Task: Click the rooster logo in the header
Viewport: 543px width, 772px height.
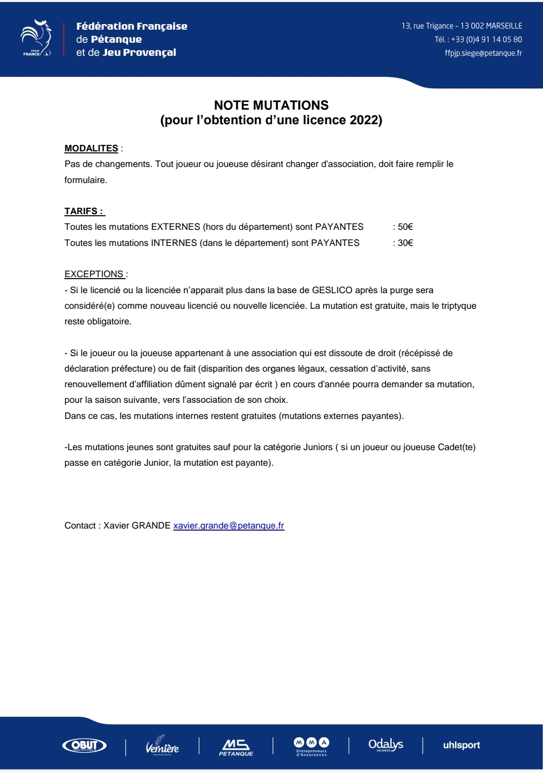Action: (x=36, y=38)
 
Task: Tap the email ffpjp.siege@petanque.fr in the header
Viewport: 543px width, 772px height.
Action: (x=483, y=53)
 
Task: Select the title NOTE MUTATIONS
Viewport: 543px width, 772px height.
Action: (x=271, y=105)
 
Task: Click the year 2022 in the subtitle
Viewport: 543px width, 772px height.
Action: (x=364, y=120)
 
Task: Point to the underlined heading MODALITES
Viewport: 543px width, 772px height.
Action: (x=91, y=148)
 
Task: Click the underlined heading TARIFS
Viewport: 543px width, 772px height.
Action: (x=84, y=211)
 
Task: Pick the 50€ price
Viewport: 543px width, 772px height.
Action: (x=405, y=227)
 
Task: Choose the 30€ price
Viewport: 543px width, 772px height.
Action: (x=405, y=243)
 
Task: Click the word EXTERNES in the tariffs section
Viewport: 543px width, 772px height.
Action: (x=175, y=227)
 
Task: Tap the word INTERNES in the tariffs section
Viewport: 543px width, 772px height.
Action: (x=174, y=243)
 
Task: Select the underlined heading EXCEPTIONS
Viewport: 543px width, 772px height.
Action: (x=94, y=274)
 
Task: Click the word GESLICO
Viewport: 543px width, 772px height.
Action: (x=332, y=290)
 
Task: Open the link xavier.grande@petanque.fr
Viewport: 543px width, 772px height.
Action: (x=229, y=526)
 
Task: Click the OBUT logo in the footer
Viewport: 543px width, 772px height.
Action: (x=84, y=745)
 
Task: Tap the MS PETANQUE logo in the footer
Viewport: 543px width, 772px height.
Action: (x=236, y=746)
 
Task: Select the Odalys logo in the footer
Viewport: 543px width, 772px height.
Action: (x=386, y=745)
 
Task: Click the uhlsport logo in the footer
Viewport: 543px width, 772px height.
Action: (x=461, y=745)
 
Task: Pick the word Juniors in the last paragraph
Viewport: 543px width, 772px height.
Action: (x=314, y=447)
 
